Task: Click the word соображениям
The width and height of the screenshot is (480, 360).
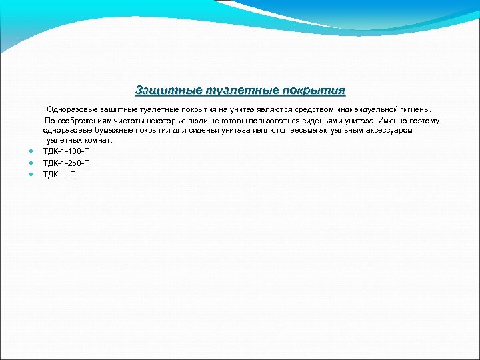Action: click(83, 121)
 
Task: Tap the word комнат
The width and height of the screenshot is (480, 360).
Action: click(97, 141)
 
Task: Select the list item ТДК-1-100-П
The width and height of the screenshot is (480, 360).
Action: click(66, 151)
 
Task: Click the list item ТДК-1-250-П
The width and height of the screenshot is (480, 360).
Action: click(66, 163)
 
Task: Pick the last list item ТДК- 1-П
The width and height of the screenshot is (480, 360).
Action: click(59, 174)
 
